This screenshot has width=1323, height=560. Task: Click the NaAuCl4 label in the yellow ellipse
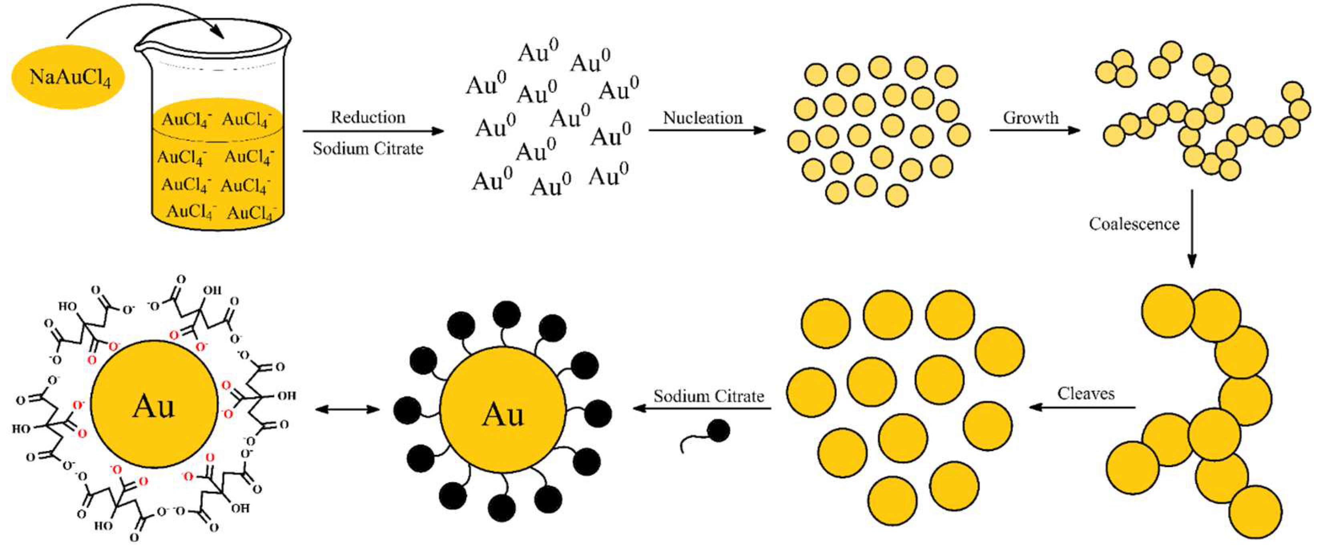point(69,78)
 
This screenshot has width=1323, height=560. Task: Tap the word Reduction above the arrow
point(368,117)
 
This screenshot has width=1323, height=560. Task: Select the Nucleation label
point(703,118)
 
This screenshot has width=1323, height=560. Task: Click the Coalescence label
point(1134,224)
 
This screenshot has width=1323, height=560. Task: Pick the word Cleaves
point(1086,394)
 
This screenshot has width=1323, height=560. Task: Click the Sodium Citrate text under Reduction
point(368,149)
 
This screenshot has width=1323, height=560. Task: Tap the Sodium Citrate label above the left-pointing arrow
point(709,396)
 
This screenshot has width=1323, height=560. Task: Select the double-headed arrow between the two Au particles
point(348,409)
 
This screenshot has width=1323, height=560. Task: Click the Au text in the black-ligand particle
point(503,414)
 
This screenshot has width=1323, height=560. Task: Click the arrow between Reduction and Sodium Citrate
point(373,131)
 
